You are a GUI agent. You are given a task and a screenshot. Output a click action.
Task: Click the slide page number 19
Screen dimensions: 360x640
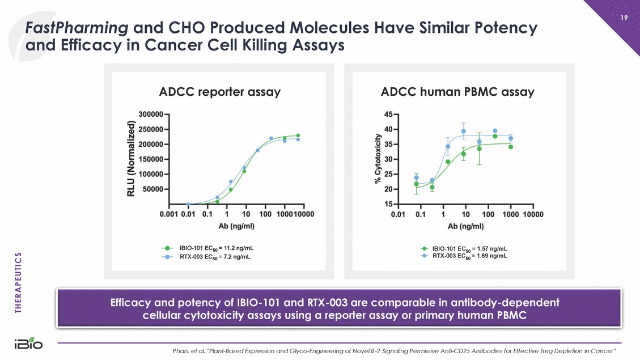[x=624, y=18]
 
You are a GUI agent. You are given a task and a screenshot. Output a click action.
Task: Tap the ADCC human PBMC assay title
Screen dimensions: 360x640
[x=458, y=91]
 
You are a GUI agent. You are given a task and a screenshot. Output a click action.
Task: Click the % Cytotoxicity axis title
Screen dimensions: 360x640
[x=378, y=159]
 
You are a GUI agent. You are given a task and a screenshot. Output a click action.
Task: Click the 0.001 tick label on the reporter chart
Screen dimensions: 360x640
[x=169, y=214]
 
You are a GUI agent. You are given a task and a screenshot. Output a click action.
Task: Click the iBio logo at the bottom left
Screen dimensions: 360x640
[x=28, y=344]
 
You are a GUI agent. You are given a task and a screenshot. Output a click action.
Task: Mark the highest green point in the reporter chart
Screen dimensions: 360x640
[x=298, y=135]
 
